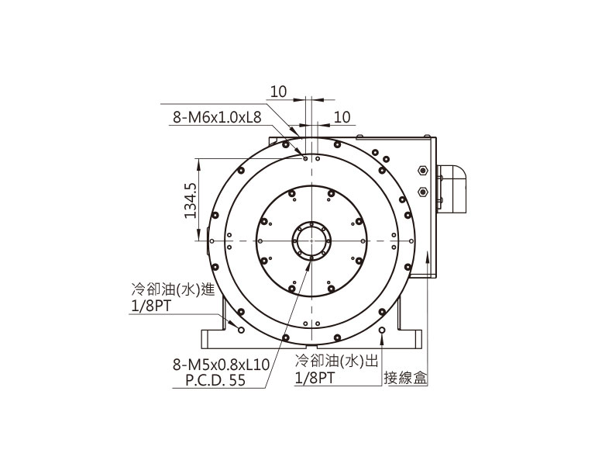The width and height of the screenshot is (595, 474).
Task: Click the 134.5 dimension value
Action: point(191,200)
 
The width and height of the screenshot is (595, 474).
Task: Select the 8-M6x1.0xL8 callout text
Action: point(217,117)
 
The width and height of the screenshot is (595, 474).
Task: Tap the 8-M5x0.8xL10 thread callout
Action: point(222,365)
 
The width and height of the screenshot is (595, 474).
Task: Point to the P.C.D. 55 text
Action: point(215,380)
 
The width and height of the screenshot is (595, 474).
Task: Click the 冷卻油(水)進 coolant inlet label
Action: point(173,289)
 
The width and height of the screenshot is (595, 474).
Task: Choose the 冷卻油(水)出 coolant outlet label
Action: point(337,361)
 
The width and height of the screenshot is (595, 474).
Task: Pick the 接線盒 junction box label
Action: point(406,378)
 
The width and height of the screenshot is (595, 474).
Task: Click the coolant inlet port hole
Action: point(241,330)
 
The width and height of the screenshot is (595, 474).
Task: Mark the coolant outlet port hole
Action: point(382,330)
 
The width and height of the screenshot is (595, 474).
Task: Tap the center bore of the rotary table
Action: point(311,241)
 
